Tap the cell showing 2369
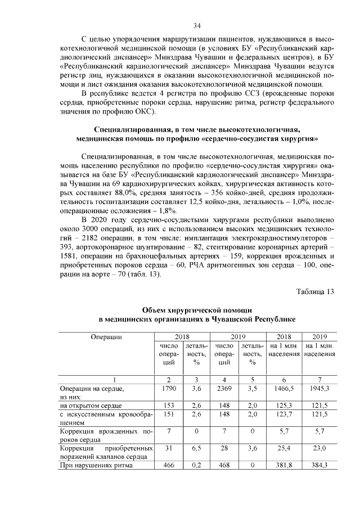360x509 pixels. click(224, 388)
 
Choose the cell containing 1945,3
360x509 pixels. click(319, 388)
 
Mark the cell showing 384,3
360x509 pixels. click(319, 466)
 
